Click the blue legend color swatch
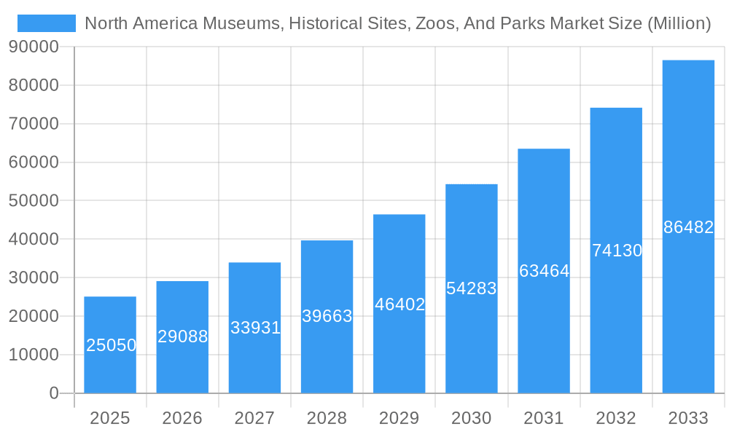[47, 23]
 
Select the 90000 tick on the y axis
[34, 47]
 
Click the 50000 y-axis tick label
[34, 200]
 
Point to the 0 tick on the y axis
[53, 393]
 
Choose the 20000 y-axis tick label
[34, 316]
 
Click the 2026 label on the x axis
[182, 418]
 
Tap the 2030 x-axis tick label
[472, 418]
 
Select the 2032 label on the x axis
[616, 418]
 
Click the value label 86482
[688, 227]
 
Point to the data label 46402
[399, 304]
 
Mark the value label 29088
[182, 336]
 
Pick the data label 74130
[617, 251]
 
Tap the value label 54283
[472, 288]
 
